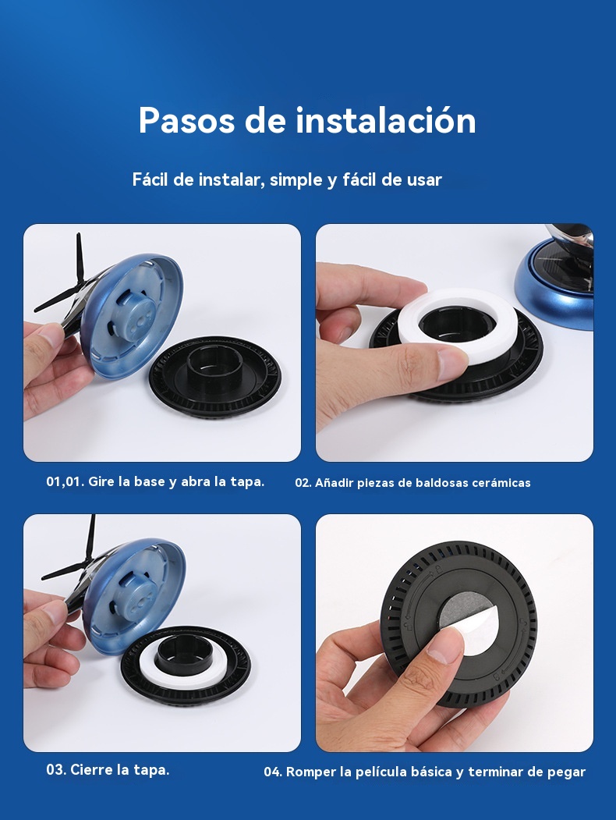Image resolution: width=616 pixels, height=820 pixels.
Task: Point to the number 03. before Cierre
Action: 56,770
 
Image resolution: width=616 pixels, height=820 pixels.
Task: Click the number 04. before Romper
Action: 273,772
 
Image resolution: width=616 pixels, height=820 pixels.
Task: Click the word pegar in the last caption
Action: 566,772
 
